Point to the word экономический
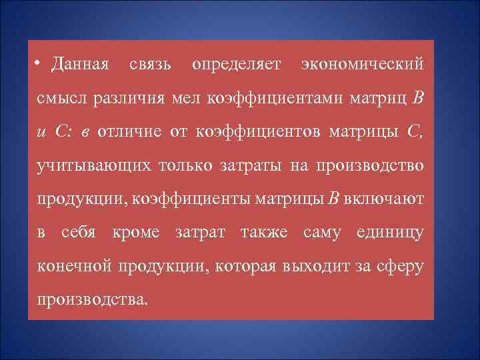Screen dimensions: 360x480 (x=362, y=65)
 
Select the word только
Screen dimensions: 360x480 (x=181, y=164)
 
